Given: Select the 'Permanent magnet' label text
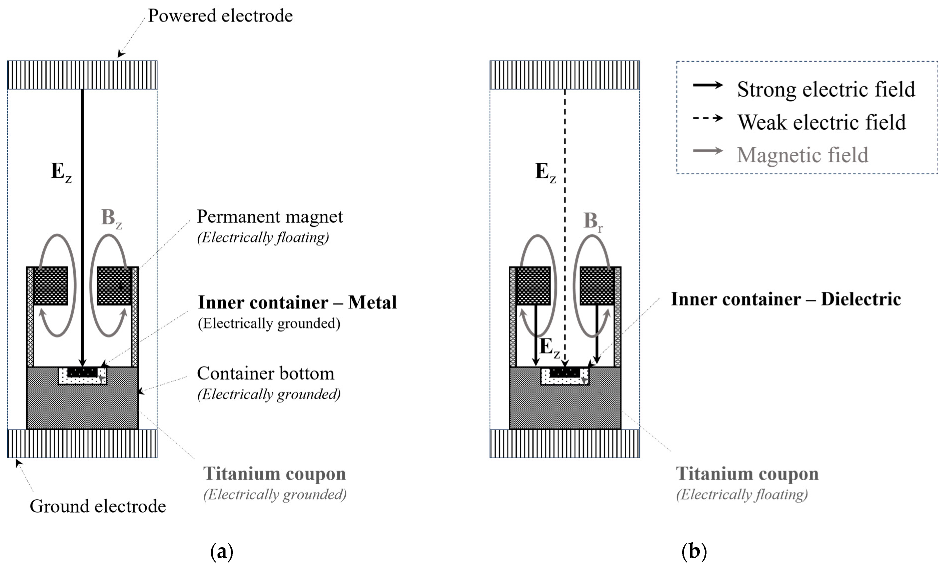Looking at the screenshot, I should pos(270,217).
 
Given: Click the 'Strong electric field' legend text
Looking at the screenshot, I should pos(826,90).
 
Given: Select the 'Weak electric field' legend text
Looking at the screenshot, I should pos(821,122).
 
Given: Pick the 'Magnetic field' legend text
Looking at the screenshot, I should pos(802,155).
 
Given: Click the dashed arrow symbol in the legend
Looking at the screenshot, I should pos(707,118).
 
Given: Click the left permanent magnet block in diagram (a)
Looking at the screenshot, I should pos(51,286).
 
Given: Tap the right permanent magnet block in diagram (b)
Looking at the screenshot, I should pos(597,286).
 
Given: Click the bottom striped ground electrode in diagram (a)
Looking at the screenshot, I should pos(82,444).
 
